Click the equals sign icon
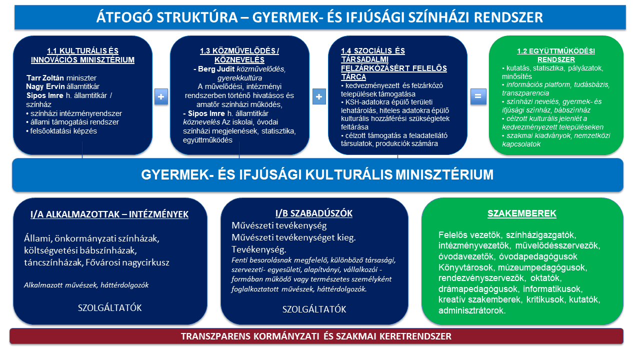click(478, 96)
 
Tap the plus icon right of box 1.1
click(161, 96)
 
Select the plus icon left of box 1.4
click(319, 96)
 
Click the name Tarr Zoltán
click(45, 77)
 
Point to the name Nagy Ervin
click(45, 86)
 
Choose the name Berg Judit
click(216, 69)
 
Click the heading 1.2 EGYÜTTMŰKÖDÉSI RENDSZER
click(556, 55)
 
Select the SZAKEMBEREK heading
click(522, 213)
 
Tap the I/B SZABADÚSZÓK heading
click(314, 213)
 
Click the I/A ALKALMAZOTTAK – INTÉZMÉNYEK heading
click(109, 214)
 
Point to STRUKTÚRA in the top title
click(197, 17)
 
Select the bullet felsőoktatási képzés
click(61, 131)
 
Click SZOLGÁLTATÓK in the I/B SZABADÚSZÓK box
click(314, 309)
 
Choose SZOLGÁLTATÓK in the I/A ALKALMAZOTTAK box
click(109, 307)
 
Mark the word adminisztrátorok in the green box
click(472, 310)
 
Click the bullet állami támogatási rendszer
click(72, 122)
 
